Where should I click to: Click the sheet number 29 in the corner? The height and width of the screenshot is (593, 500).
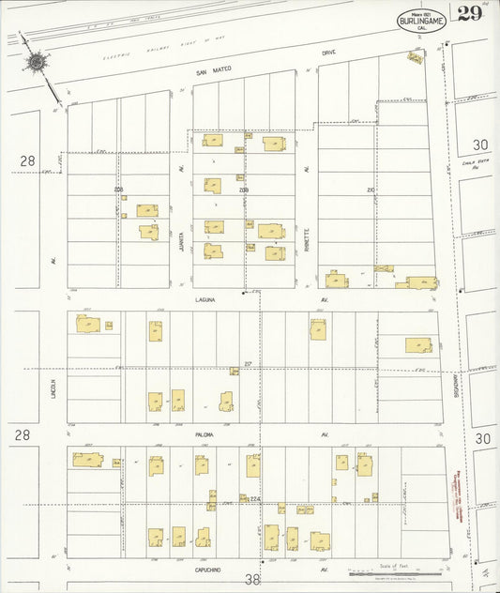point(470,13)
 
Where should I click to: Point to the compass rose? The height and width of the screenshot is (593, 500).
point(37,63)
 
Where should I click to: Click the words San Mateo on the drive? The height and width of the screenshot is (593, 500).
point(213,69)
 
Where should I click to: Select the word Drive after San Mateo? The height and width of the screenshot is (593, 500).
point(328,53)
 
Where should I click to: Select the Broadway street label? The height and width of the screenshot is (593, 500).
point(453,388)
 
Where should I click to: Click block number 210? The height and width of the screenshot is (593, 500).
point(370,190)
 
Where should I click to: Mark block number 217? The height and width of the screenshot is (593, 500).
point(248,363)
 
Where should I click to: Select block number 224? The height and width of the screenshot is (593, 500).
point(253,499)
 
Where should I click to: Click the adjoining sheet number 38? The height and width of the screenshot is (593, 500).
point(252,580)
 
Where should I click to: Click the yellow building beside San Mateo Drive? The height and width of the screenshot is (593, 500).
point(414,57)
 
